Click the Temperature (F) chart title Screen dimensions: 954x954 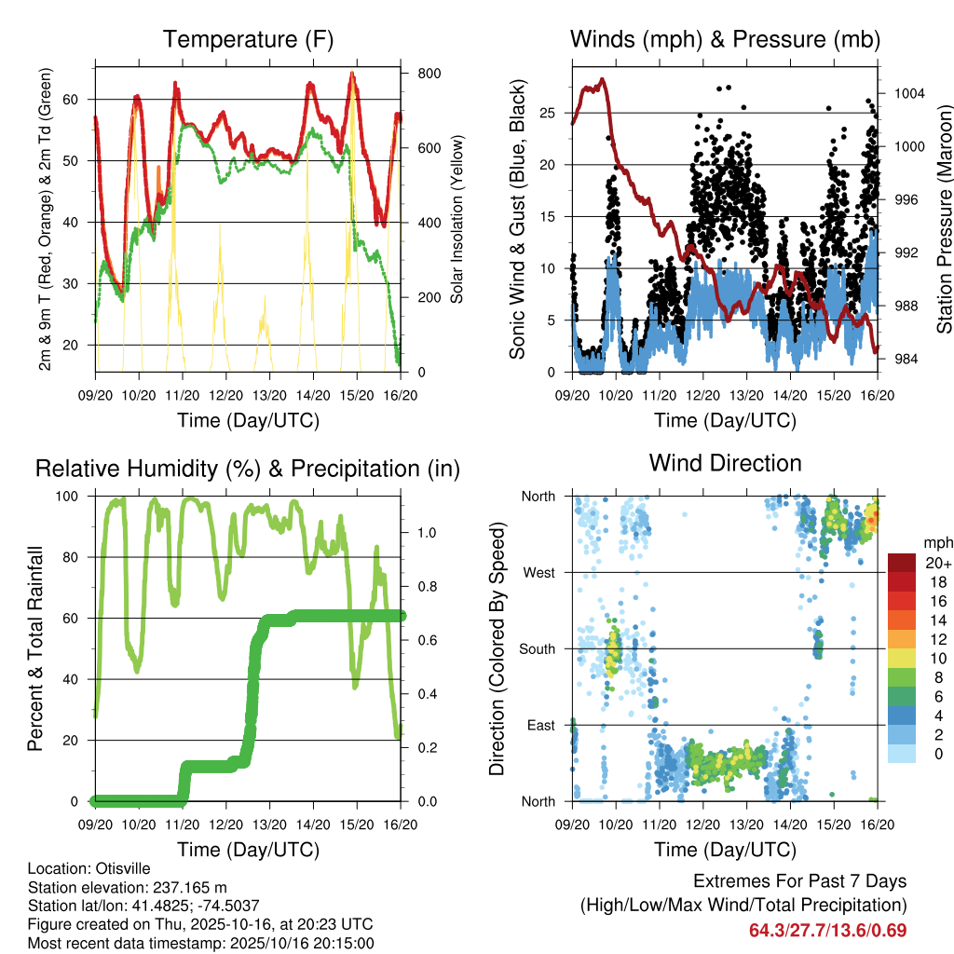click(248, 39)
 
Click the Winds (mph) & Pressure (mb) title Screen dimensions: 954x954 click(725, 39)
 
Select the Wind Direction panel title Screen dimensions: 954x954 click(725, 463)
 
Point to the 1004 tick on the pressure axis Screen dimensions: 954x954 click(907, 93)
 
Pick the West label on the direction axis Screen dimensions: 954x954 click(538, 572)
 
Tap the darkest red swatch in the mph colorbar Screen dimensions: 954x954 click(902, 563)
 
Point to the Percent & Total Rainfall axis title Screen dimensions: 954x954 click(35, 647)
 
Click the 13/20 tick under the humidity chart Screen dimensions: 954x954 click(270, 825)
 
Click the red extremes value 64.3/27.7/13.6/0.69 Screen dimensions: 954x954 click(827, 930)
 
